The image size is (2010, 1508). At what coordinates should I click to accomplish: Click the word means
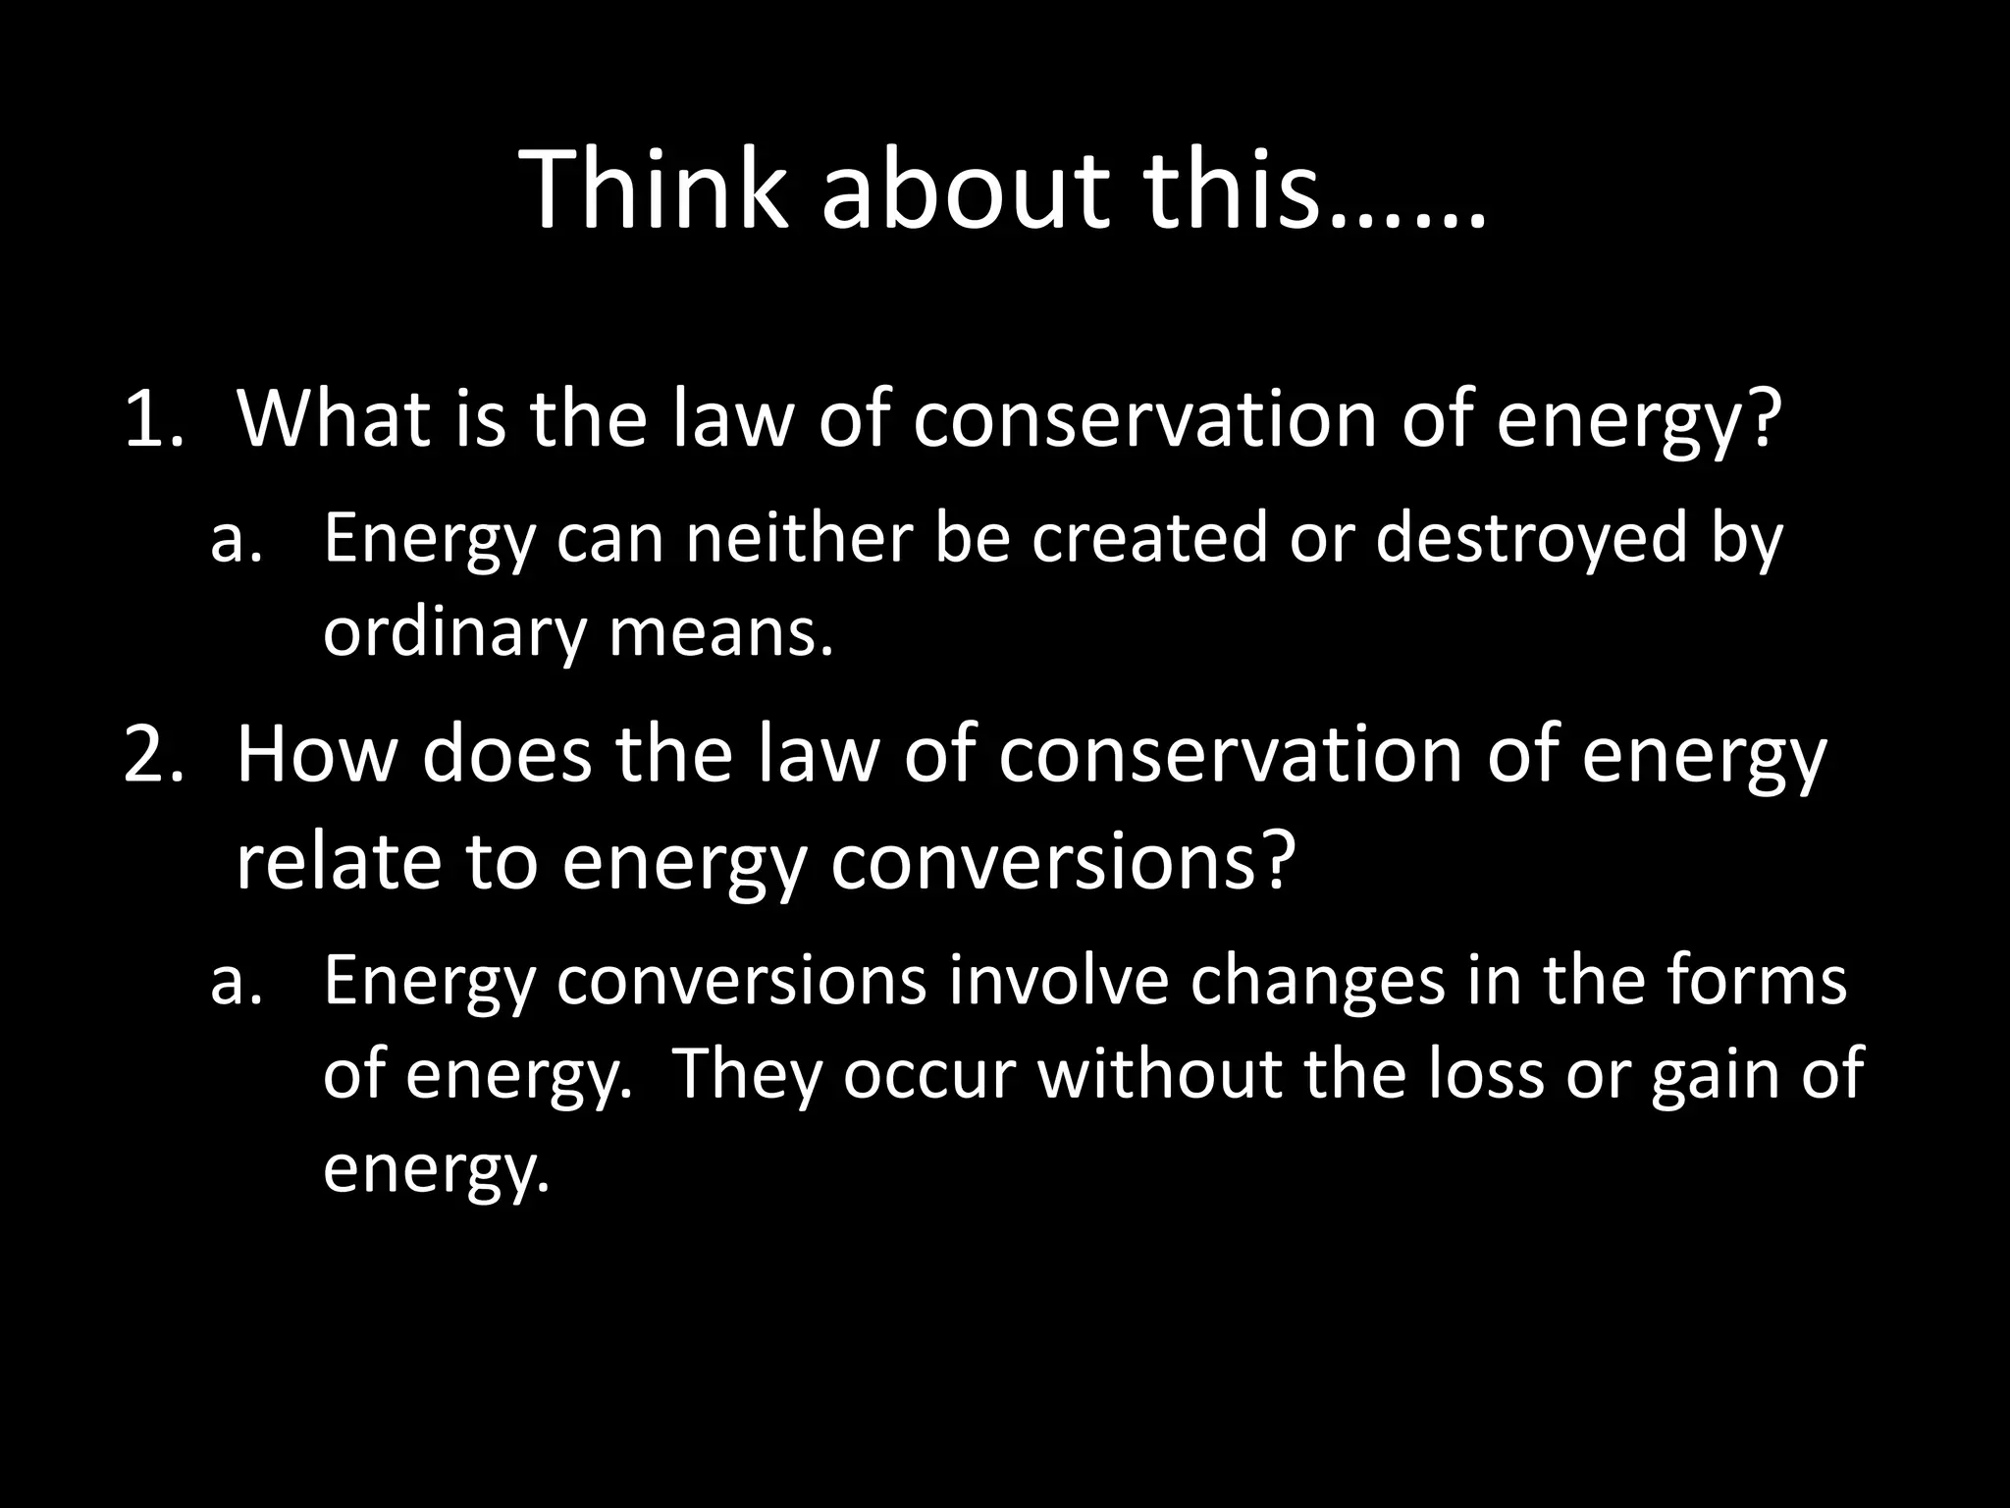[x=720, y=633]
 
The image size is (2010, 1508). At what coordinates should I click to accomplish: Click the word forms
[x=1757, y=981]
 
